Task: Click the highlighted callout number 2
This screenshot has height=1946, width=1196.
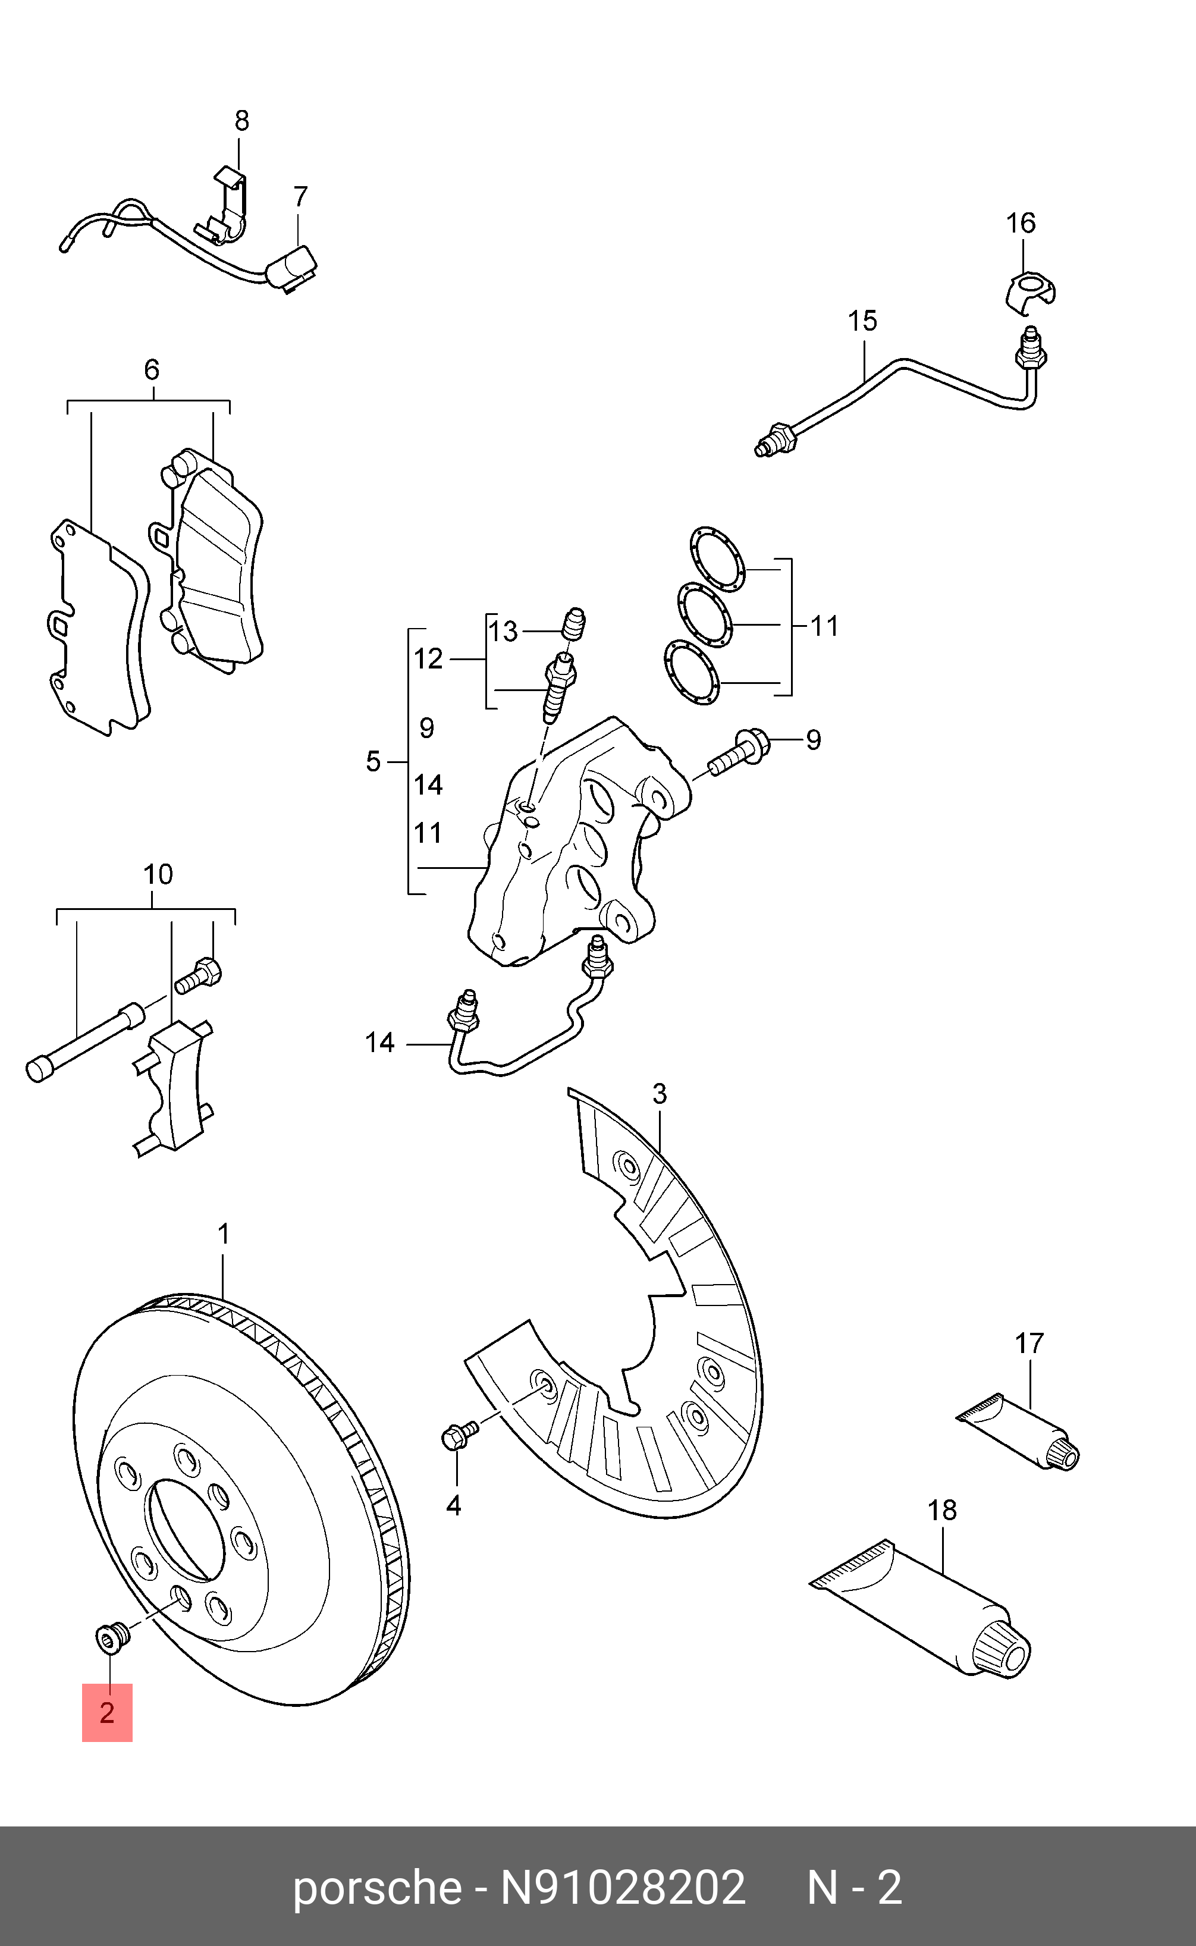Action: pyautogui.click(x=107, y=1713)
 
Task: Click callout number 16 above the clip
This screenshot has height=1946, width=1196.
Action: pyautogui.click(x=1021, y=223)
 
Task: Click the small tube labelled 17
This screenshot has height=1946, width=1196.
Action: pyautogui.click(x=1021, y=1432)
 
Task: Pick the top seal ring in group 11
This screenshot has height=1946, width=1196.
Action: pyautogui.click(x=717, y=559)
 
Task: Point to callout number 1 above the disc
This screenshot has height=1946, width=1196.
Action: pyautogui.click(x=223, y=1233)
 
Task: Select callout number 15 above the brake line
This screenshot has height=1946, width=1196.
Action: pyautogui.click(x=862, y=321)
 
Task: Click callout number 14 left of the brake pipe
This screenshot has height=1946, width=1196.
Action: pyautogui.click(x=379, y=1042)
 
